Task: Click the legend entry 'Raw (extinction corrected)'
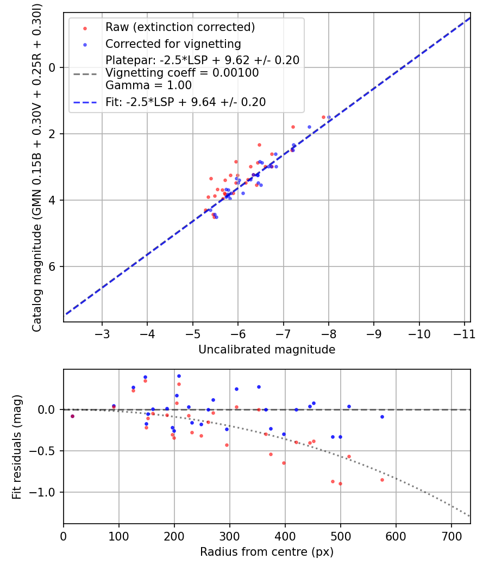click(180, 27)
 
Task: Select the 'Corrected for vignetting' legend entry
click(173, 44)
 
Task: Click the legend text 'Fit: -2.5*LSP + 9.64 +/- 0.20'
click(185, 102)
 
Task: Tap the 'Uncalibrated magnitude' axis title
click(267, 350)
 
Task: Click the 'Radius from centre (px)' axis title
click(267, 552)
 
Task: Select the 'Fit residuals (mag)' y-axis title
click(17, 447)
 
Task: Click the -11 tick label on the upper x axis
click(465, 333)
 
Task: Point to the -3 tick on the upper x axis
click(102, 333)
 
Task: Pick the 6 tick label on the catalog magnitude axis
click(53, 266)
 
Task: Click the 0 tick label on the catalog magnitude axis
click(53, 67)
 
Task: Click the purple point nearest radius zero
click(72, 416)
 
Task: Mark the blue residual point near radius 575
click(382, 417)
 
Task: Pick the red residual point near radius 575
click(382, 480)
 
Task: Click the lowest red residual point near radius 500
click(340, 483)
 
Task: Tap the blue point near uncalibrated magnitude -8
click(329, 117)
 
